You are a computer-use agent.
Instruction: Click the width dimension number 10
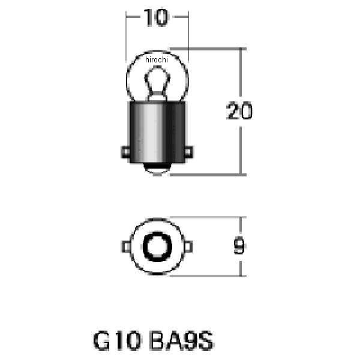pyautogui.click(x=156, y=17)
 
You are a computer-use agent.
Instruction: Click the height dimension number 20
pyautogui.click(x=239, y=110)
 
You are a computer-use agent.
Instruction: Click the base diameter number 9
pyautogui.click(x=239, y=245)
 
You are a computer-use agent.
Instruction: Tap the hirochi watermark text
pyautogui.click(x=157, y=59)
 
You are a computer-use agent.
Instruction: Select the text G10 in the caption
pyautogui.click(x=117, y=340)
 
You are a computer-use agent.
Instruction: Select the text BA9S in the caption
pyautogui.click(x=182, y=340)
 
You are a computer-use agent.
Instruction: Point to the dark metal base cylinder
pyautogui.click(x=157, y=133)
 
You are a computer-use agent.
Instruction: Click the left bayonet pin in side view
pyautogui.click(x=125, y=152)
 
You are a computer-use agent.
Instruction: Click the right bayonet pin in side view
pyautogui.click(x=189, y=152)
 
